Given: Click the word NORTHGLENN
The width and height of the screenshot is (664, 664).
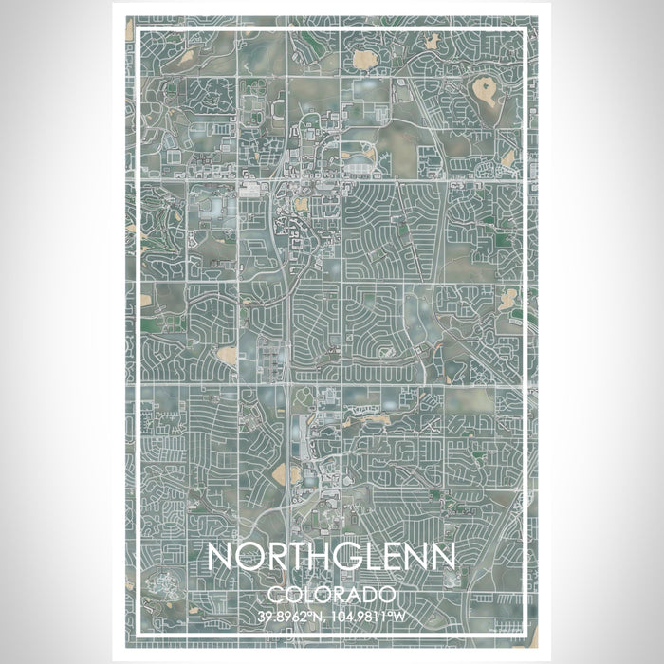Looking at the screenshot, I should [331, 557].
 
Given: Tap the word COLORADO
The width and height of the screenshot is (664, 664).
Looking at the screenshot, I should [331, 595].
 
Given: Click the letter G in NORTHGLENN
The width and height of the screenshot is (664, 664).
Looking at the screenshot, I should [344, 557].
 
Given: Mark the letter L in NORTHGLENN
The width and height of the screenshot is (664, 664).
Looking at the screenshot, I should [368, 557].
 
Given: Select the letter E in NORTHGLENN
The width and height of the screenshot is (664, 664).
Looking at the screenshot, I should [387, 557].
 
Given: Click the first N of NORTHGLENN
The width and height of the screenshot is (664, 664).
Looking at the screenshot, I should [219, 557].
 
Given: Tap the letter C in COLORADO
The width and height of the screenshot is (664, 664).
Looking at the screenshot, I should [275, 595].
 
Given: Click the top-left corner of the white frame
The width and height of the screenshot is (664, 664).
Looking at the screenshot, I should [139, 29].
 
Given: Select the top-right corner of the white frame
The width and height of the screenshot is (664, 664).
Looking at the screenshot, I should [525, 29].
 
